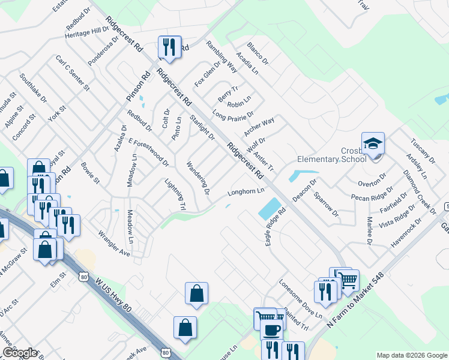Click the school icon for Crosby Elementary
coord(373,145)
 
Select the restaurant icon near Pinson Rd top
coord(169,47)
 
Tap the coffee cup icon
coord(271,329)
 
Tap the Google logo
coord(20,353)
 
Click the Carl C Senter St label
coord(72,73)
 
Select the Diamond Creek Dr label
coord(420,191)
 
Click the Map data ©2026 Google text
coord(411,355)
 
